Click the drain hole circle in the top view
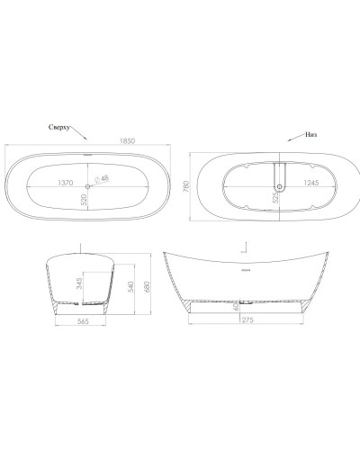point(89,187)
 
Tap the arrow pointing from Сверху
point(82,138)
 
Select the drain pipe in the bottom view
point(278,175)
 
